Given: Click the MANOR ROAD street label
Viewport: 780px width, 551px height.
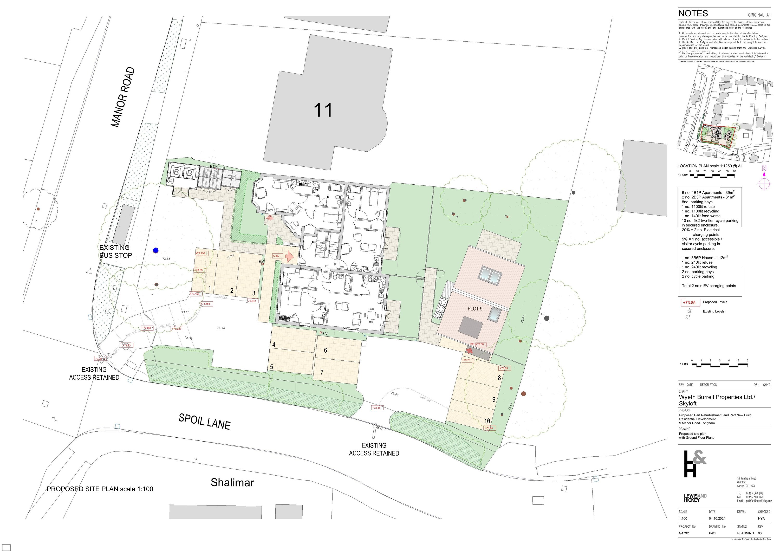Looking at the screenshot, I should (123, 97).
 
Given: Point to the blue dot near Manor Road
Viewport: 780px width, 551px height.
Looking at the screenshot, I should (155, 250).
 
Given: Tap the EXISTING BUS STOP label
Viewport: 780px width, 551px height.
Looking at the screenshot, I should (115, 251).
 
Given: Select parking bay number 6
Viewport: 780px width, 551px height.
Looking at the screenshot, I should (326, 350).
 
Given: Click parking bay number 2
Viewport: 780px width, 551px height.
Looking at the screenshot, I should (232, 290).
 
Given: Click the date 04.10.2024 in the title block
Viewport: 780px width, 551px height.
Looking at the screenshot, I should (717, 518).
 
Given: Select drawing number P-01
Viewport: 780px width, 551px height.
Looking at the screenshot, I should (712, 533).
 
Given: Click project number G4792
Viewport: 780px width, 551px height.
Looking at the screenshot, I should (684, 533).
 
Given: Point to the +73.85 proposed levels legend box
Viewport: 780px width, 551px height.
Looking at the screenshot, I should (689, 302).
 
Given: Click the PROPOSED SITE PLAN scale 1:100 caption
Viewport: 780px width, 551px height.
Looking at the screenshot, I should (100, 489).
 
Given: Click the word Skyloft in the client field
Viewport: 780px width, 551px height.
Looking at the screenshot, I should (688, 404).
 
